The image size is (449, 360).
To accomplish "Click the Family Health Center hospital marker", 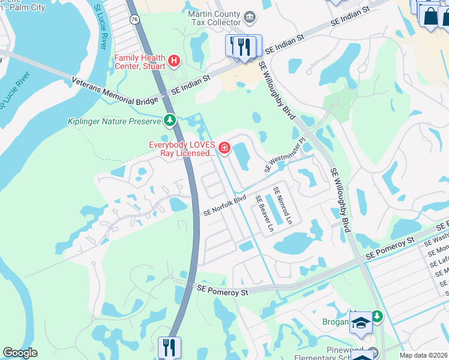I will (x=174, y=60).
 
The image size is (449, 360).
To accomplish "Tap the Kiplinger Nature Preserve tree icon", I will (x=170, y=121).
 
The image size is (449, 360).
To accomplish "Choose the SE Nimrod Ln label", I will (x=282, y=206).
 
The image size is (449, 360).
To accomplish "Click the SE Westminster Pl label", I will (x=285, y=155).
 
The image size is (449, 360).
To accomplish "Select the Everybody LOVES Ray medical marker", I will (x=224, y=148).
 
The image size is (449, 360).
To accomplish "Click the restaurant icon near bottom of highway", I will (x=169, y=347).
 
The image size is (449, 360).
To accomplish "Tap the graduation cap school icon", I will (x=361, y=323).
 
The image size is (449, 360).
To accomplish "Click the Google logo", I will (x=20, y=353).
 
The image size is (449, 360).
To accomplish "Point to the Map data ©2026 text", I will (x=424, y=355).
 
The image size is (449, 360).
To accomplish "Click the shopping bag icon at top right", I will (x=430, y=16).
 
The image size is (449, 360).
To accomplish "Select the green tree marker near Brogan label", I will (x=376, y=316).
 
